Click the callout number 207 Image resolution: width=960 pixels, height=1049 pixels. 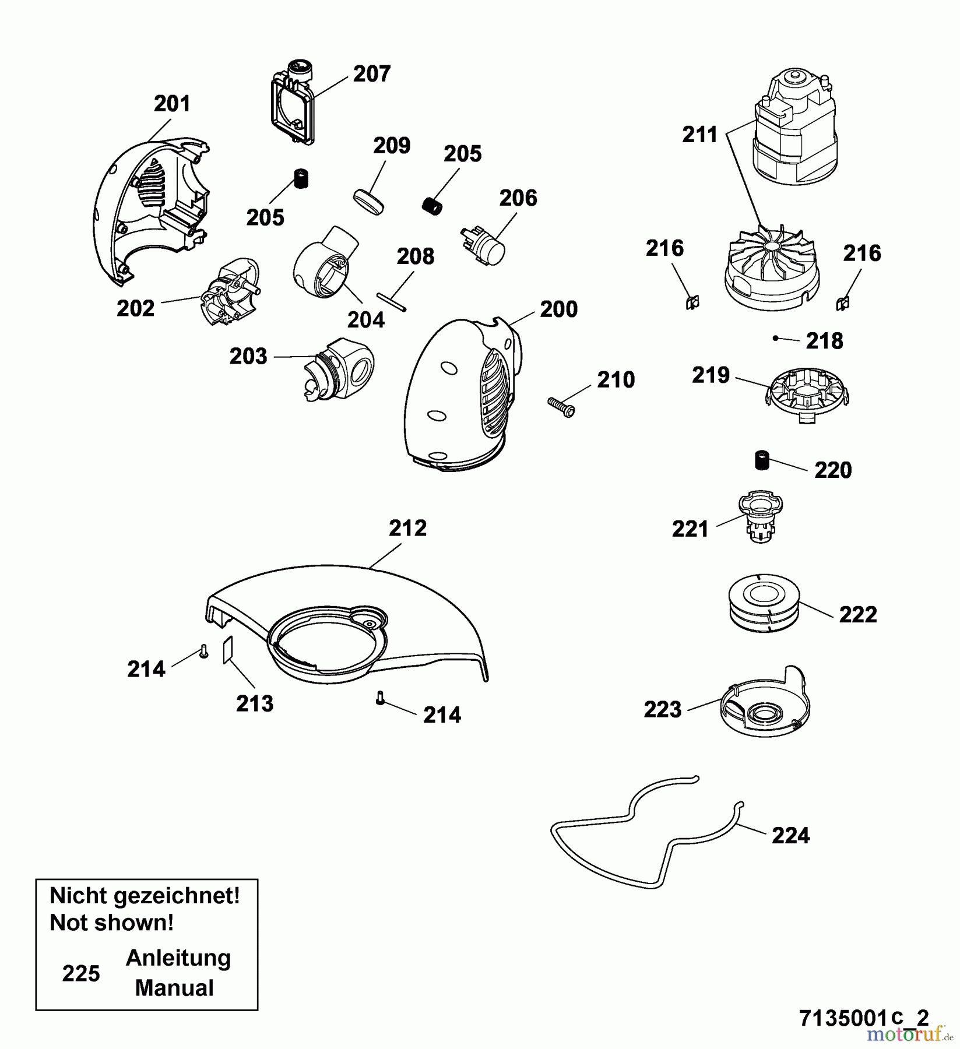click(371, 74)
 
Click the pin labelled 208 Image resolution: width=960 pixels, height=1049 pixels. click(391, 302)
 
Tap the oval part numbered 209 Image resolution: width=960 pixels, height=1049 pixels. click(369, 202)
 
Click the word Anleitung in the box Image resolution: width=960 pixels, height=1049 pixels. click(178, 958)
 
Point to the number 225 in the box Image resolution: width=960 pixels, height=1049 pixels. click(81, 973)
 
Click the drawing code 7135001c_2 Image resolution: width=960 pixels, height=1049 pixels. click(864, 1018)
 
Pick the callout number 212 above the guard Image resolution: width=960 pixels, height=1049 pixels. click(407, 528)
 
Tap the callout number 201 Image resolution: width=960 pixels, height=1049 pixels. click(172, 104)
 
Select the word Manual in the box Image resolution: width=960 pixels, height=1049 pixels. click(174, 988)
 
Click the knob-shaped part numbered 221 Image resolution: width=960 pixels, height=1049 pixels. click(760, 516)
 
